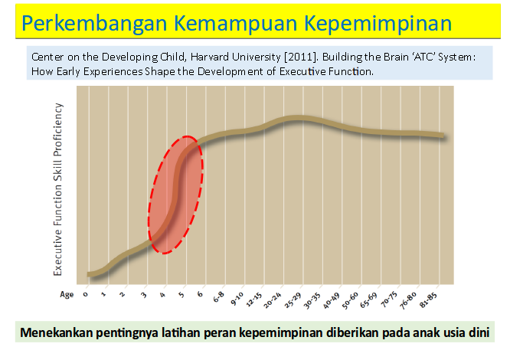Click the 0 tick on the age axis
point(87,294)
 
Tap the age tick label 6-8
point(217,298)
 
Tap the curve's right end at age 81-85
point(442,136)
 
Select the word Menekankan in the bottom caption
point(58,334)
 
